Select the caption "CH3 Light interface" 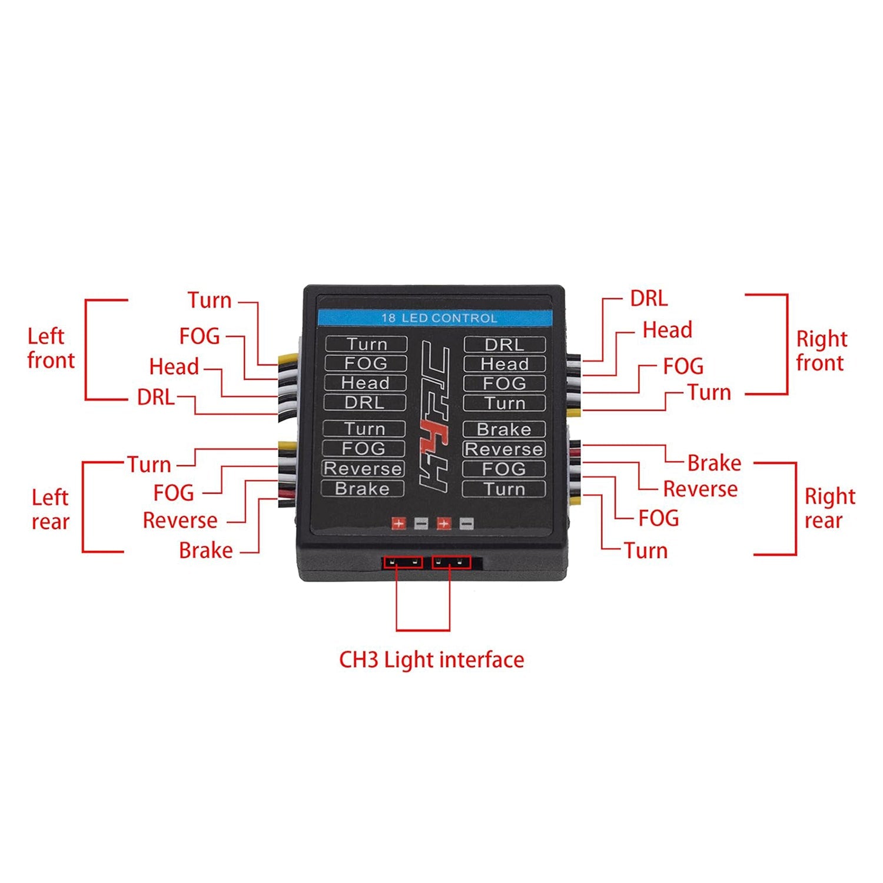point(431,659)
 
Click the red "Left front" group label point(51,348)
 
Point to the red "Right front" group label point(821,351)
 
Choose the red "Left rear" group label point(51,509)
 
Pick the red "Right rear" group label point(829,508)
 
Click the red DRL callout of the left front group point(155,397)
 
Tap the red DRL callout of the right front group point(649,298)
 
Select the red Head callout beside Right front point(667,329)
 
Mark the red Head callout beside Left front point(174,366)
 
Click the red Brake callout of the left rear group point(205,551)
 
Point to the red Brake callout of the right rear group point(713,463)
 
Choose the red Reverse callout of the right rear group point(700,489)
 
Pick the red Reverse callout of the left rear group point(180,520)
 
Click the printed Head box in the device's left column point(365,383)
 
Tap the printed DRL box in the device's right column point(504,345)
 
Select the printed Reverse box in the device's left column point(363,468)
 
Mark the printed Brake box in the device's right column point(504,429)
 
